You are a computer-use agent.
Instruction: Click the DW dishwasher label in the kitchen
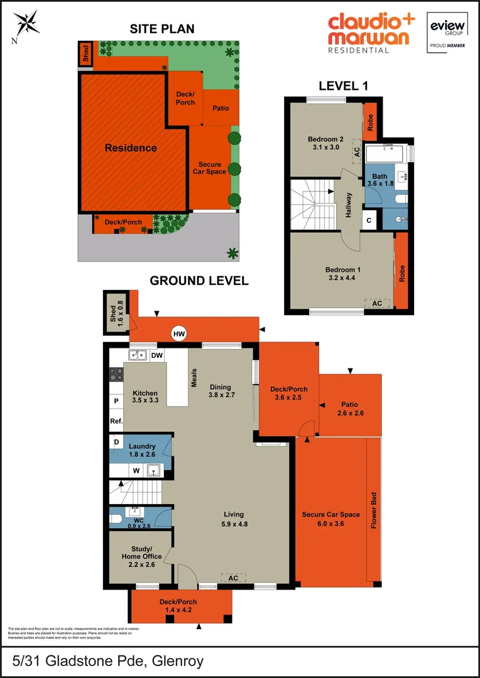[x=156, y=356]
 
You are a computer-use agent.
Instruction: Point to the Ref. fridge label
[x=116, y=421]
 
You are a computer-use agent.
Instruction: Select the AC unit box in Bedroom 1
[x=377, y=303]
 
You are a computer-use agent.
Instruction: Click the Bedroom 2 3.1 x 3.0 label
[x=325, y=143]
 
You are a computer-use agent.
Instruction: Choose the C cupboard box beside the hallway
[x=369, y=220]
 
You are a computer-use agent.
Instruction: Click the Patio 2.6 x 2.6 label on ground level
[x=350, y=409]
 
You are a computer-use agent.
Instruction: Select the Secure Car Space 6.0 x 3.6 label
[x=330, y=519]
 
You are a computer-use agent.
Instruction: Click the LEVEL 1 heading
[x=343, y=86]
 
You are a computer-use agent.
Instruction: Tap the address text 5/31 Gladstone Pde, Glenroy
[x=108, y=660]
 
